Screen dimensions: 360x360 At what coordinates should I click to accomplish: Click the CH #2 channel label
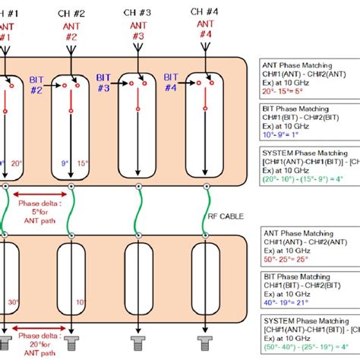pos(71,13)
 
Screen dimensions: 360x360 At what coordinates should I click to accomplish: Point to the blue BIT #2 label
pos(36,84)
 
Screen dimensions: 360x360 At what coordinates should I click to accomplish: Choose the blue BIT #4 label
pos(170,83)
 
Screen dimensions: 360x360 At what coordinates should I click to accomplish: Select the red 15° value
pos(82,162)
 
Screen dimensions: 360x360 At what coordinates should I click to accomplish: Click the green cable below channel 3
pos(137,209)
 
